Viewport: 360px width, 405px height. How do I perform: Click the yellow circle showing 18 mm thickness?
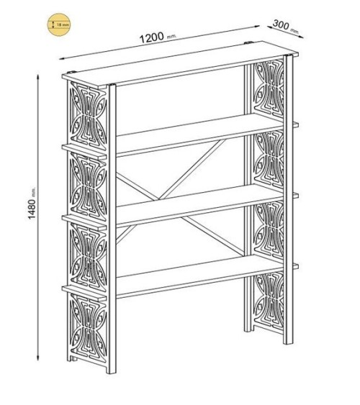[60, 25]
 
